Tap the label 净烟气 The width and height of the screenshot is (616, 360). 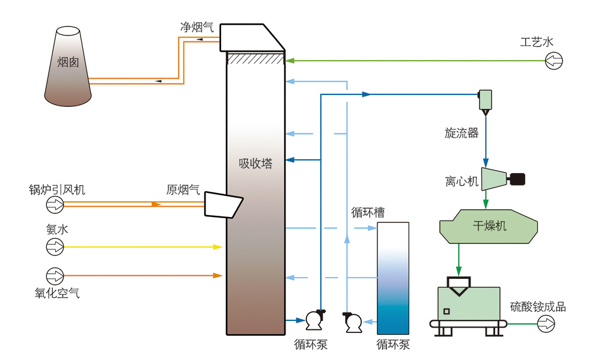(197, 27)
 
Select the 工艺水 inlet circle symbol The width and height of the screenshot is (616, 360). (553, 60)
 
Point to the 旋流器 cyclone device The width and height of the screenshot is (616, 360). (485, 100)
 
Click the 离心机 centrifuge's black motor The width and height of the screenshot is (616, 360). (517, 178)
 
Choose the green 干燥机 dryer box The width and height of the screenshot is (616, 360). (489, 226)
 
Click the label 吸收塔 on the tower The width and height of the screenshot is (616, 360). (255, 163)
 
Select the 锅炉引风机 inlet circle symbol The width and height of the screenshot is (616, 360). (55, 205)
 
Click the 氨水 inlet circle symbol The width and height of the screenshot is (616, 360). (55, 246)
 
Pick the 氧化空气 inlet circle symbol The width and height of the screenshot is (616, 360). (55, 276)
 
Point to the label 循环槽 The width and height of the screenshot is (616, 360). (368, 212)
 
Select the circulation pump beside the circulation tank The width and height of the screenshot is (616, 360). (353, 323)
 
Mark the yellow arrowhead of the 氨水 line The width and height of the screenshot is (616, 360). (218, 246)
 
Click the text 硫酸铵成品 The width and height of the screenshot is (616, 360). (538, 307)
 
